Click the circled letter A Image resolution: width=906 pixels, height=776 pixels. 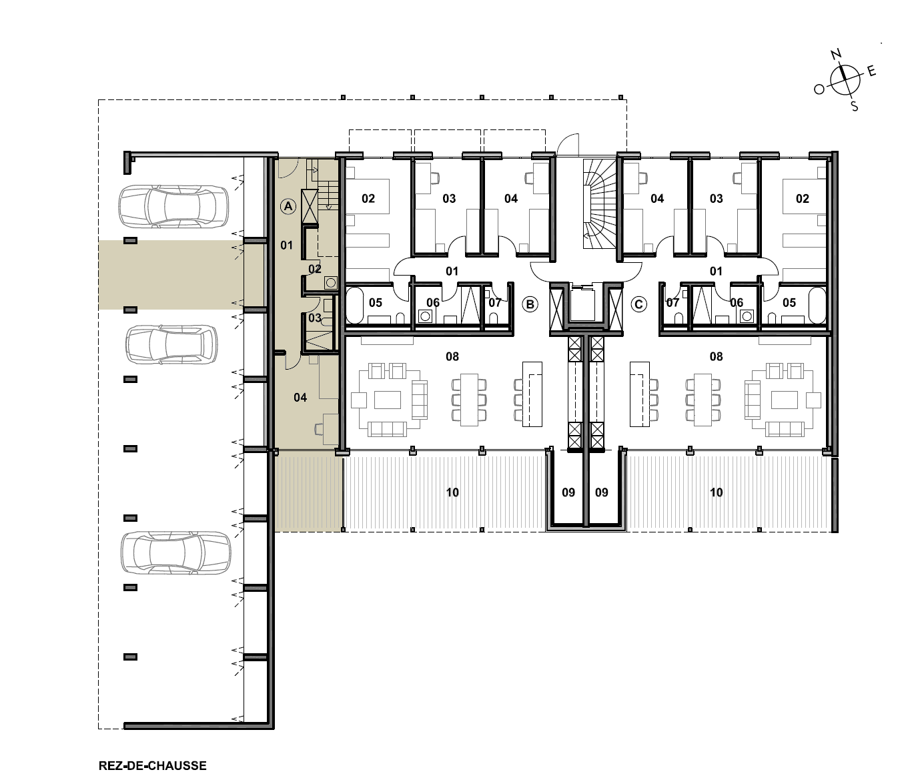[288, 206]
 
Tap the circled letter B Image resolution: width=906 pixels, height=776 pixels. [530, 304]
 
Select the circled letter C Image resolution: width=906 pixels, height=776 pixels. [638, 304]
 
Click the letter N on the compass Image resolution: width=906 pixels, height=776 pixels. [837, 54]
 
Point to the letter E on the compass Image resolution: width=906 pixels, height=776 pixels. [871, 71]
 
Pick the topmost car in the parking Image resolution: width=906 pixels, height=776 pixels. [173, 206]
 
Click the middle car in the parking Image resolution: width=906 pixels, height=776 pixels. [171, 344]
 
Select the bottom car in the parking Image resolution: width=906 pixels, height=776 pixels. [175, 553]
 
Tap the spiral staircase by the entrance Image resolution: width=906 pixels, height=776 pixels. [598, 204]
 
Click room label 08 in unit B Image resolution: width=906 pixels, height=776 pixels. [452, 356]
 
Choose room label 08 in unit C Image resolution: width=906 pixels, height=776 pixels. [717, 356]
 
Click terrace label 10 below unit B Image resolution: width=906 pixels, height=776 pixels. [452, 492]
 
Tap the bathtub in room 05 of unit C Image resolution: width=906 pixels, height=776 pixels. [817, 305]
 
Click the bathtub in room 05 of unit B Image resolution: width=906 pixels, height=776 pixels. [355, 305]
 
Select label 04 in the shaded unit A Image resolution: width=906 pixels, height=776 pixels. [300, 398]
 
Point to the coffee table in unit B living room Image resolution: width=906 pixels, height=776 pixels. [388, 400]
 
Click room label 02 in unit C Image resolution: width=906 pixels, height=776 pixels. [802, 199]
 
